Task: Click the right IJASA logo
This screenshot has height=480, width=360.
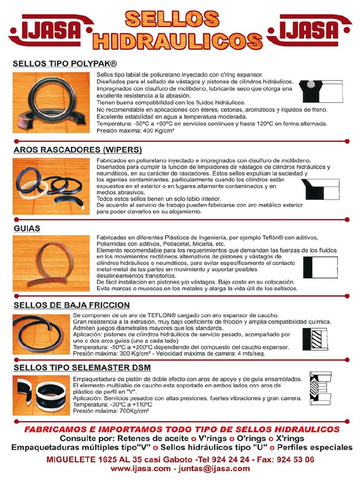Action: [312, 31]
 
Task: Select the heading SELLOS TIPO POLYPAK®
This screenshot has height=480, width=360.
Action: [65, 63]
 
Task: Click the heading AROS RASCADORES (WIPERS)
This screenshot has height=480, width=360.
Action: [77, 150]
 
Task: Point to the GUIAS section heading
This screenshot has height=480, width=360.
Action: [27, 228]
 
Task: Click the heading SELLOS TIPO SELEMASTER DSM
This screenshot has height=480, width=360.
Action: [82, 367]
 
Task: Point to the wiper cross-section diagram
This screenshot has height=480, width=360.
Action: [321, 189]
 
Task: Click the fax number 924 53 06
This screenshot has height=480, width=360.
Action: [293, 459]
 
